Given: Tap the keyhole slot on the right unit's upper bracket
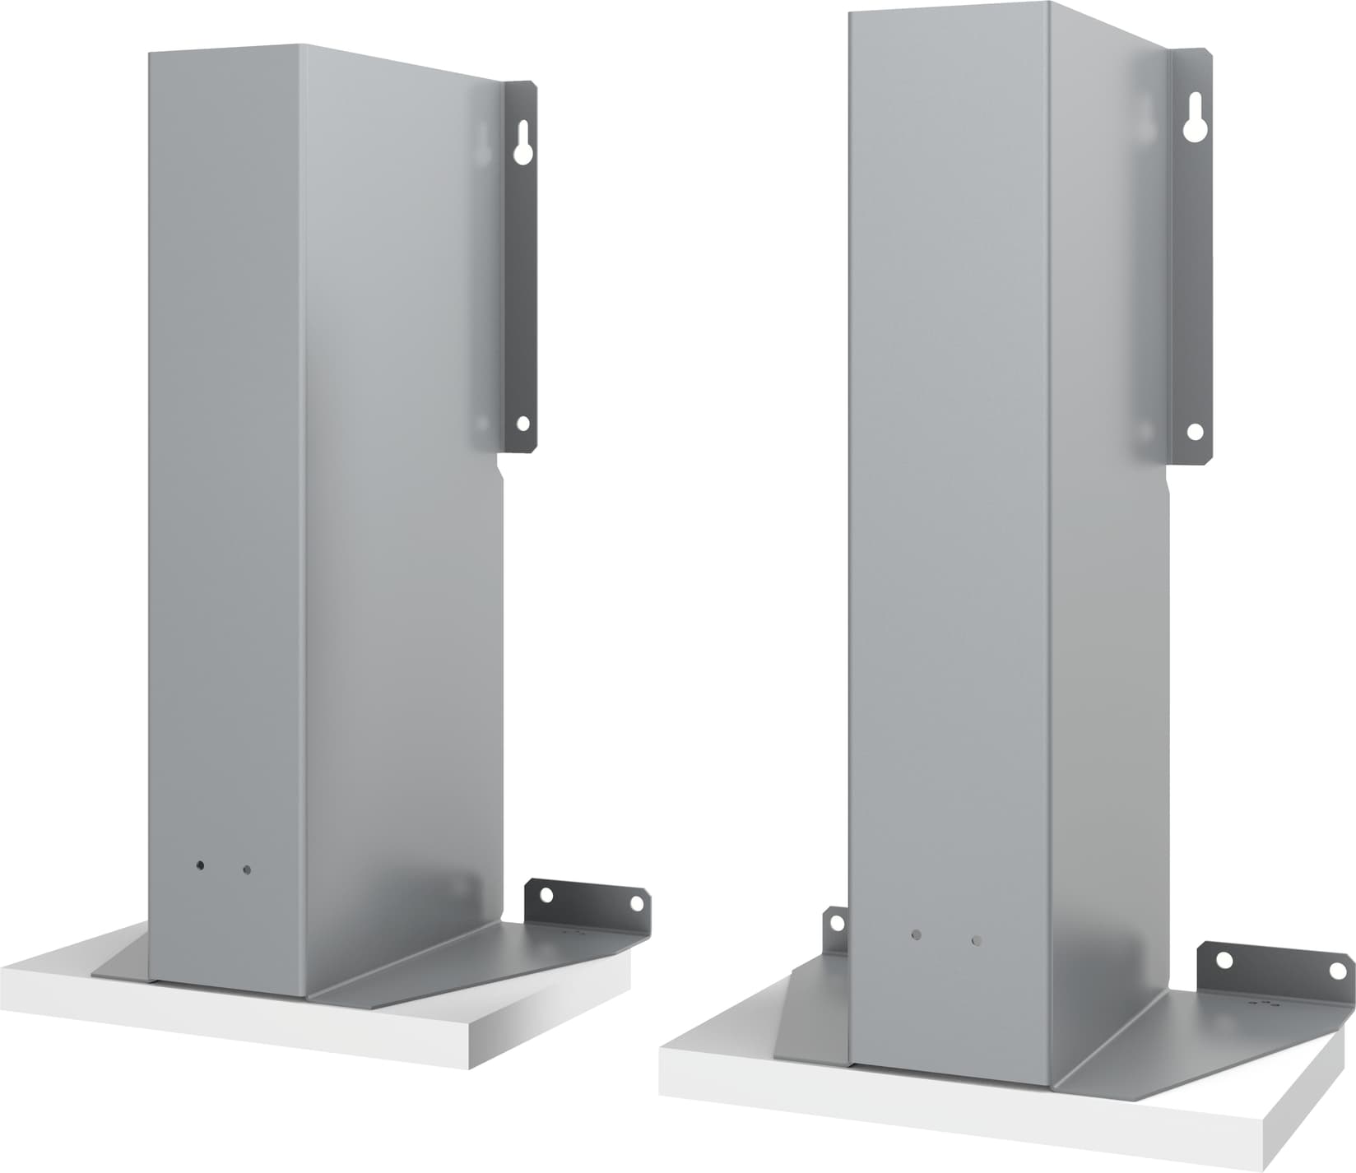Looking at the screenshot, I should click(x=1194, y=121).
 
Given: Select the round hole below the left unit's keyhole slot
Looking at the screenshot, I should click(x=522, y=424).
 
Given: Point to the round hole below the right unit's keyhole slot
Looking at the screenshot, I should click(x=1195, y=431).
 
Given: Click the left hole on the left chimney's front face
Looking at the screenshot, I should click(x=200, y=866).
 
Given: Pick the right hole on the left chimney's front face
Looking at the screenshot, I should click(x=246, y=869).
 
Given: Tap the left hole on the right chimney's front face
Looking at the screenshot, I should click(x=917, y=935).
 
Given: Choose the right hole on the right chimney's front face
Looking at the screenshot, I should click(x=976, y=939).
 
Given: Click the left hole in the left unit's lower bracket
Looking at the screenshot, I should click(x=544, y=894).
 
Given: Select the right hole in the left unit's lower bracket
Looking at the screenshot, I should click(x=636, y=903).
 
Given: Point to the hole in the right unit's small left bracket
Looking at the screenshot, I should click(x=837, y=922).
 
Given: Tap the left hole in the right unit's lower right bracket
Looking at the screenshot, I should click(x=1224, y=960).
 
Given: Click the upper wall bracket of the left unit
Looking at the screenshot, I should click(x=520, y=271).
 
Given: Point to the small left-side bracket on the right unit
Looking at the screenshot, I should click(x=835, y=934).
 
